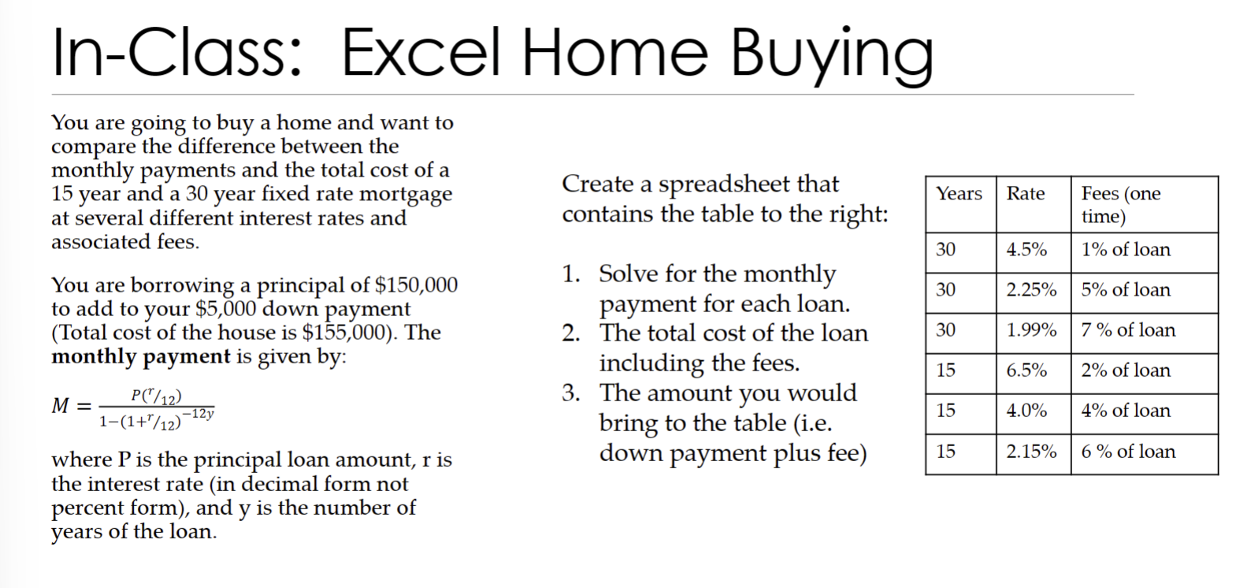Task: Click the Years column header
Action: [x=959, y=194]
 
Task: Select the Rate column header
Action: [x=1026, y=194]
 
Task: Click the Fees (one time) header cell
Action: [x=1120, y=204]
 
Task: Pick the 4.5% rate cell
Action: [x=1026, y=250]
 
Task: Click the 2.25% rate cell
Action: [x=1031, y=290]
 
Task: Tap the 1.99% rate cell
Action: [x=1031, y=330]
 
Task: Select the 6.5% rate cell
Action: [x=1026, y=370]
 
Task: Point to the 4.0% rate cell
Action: [x=1026, y=411]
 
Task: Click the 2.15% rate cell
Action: [x=1031, y=452]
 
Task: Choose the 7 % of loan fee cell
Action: [x=1128, y=330]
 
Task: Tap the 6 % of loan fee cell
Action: [x=1128, y=452]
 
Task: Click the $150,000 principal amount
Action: [x=416, y=285]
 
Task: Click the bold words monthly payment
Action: [x=141, y=357]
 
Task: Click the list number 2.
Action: [x=571, y=333]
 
